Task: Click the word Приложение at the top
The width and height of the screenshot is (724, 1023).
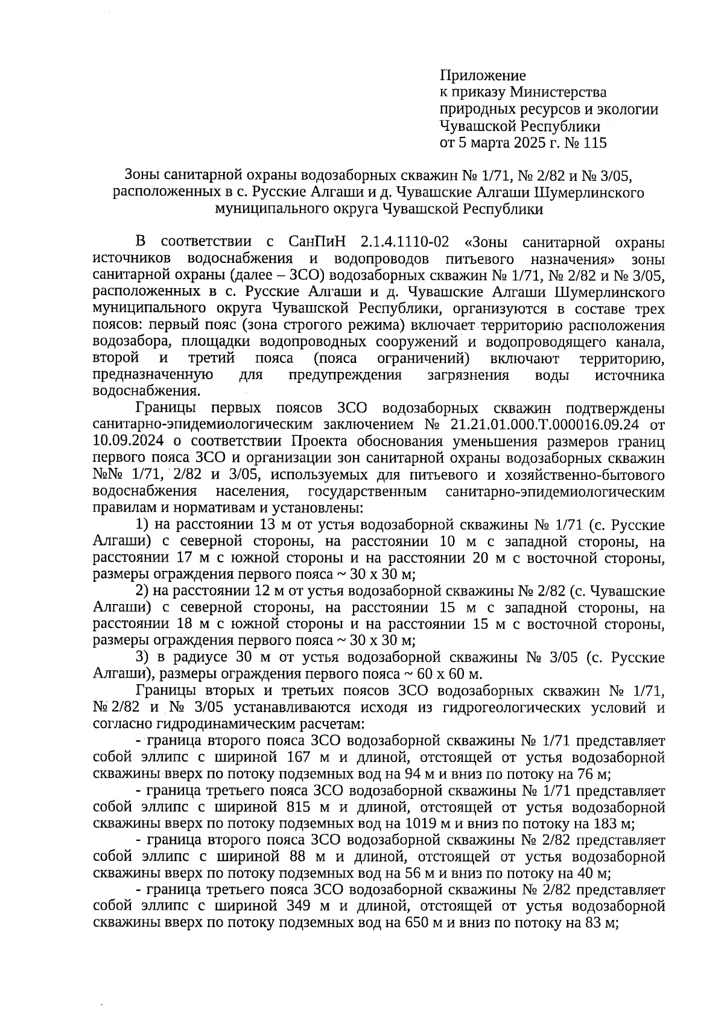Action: click(483, 76)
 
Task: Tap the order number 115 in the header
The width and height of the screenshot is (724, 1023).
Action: click(595, 143)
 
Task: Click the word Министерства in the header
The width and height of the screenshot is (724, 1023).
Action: click(558, 93)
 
